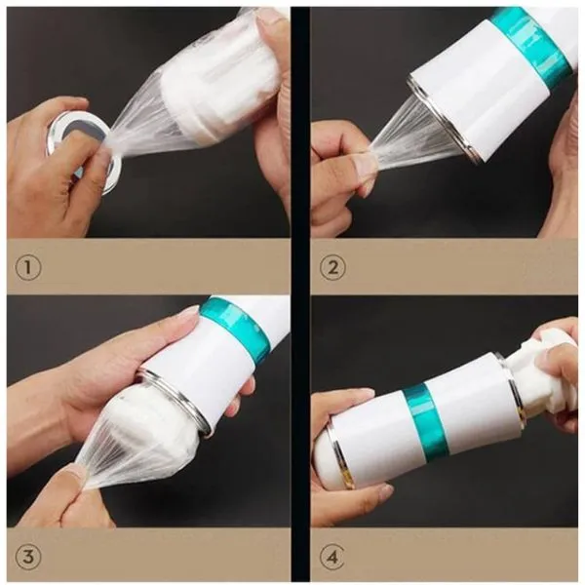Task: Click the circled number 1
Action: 28,267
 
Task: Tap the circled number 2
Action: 332,267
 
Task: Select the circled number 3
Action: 28,557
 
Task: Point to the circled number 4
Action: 332,557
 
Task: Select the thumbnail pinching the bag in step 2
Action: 363,163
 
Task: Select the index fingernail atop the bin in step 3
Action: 189,312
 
